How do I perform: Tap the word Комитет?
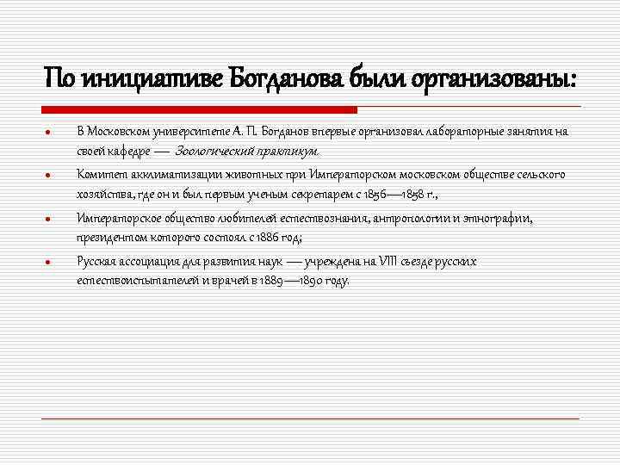97,175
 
